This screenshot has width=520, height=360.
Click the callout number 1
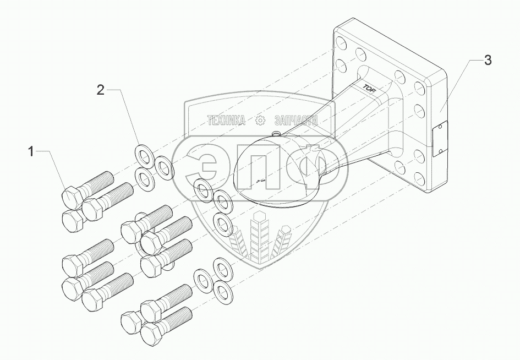pos(31,151)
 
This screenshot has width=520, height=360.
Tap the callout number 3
pos(487,61)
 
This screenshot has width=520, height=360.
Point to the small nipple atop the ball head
pos(276,134)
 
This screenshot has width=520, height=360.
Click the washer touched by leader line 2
pos(144,155)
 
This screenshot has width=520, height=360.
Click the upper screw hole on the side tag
pos(440,129)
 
